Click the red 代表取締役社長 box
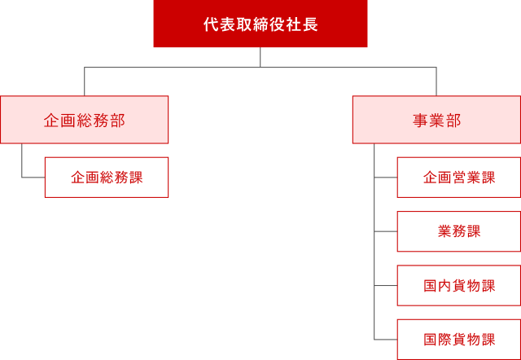(x=260, y=24)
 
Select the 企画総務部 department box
(x=84, y=120)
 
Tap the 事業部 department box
(x=436, y=120)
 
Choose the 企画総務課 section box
(x=107, y=178)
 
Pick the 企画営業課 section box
(x=459, y=178)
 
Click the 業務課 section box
(x=459, y=231)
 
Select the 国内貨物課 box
(x=459, y=286)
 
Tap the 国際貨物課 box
(x=459, y=340)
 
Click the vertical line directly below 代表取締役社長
(x=260, y=58)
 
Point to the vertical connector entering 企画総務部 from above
(x=85, y=81)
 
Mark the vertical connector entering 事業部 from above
(x=436, y=81)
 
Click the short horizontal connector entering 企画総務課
(x=33, y=177)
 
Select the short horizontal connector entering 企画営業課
(x=386, y=177)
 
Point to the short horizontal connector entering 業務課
(x=386, y=231)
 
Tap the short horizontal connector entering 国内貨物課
(x=386, y=286)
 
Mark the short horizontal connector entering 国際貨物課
(x=386, y=339)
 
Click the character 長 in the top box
(x=312, y=24)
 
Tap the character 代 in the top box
(x=210, y=24)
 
